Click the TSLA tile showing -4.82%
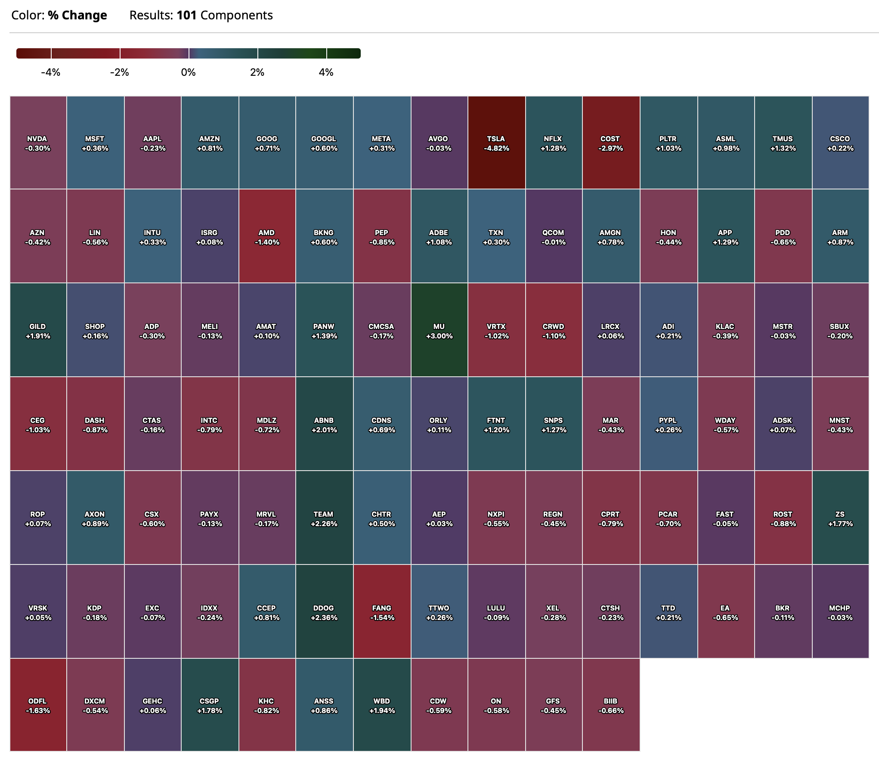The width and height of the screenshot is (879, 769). coord(496,143)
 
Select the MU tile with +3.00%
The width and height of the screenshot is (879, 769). coord(439,330)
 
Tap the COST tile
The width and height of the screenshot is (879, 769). coord(610,143)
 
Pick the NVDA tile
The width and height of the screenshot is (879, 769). coord(38,143)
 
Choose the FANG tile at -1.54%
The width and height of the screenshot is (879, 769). coord(382,612)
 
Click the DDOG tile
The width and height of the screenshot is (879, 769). coord(324,612)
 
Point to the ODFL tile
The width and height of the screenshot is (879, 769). coord(38,705)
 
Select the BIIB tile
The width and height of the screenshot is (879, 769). coord(611,705)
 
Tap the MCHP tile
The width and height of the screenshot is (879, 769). coord(840,612)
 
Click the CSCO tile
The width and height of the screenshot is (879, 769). coord(840,143)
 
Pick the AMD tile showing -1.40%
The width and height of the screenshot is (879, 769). coord(267,236)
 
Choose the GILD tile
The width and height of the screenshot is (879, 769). coord(38,330)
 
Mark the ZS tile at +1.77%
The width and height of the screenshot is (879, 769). coord(840,518)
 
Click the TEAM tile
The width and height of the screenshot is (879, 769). coord(324,518)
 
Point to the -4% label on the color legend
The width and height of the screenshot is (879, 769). coord(51,72)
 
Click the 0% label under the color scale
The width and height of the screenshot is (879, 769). coord(189,72)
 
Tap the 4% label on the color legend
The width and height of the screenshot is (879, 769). coord(326,72)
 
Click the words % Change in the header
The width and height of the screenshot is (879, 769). coord(77,16)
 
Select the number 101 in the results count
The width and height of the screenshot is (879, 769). coord(186,16)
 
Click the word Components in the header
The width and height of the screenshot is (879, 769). coord(236,16)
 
